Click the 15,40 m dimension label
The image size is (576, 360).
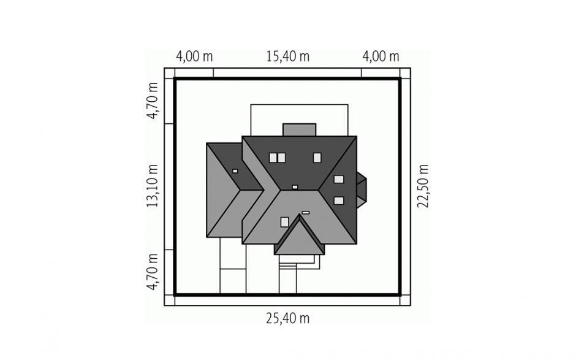click(287, 56)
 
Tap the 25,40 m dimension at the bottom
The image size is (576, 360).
click(287, 318)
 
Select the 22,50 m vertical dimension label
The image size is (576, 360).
click(423, 186)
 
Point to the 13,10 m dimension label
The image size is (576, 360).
click(152, 186)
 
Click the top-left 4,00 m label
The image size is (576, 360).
click(194, 56)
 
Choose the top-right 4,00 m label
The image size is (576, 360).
click(381, 56)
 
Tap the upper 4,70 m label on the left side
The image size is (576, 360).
click(152, 101)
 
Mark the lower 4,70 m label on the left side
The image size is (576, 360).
click(152, 272)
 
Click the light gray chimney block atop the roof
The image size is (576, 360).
click(300, 130)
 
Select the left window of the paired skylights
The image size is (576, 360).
click(273, 158)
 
